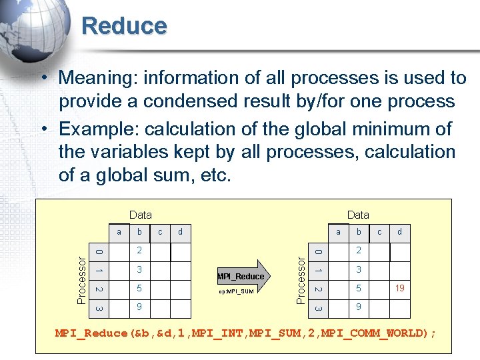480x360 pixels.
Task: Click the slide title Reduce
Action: [x=124, y=26]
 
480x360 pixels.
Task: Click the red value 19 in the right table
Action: [x=400, y=289]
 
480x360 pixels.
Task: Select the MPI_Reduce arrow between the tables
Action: [x=241, y=275]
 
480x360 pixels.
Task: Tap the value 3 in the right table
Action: [x=359, y=270]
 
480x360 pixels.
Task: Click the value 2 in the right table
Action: [x=359, y=251]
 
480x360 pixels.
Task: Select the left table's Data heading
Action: [x=140, y=215]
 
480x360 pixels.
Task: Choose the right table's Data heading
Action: [x=358, y=215]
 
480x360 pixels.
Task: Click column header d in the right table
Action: [x=399, y=232]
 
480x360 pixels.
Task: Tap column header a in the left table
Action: [x=119, y=232]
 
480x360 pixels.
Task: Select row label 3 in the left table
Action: [x=99, y=309]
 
